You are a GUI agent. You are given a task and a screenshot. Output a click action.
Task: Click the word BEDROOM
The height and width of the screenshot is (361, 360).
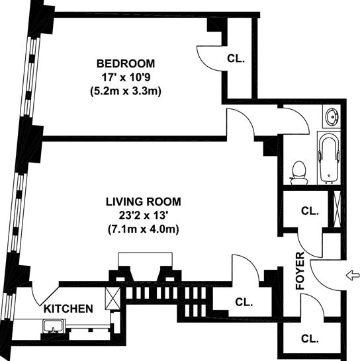(x=126, y=63)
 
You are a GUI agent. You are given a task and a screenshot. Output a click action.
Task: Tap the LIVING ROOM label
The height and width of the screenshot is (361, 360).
(x=144, y=202)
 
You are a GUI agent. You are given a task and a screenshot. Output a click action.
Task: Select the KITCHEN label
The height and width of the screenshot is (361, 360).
(x=68, y=309)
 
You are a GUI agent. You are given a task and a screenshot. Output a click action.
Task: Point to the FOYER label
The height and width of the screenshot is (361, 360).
(x=300, y=271)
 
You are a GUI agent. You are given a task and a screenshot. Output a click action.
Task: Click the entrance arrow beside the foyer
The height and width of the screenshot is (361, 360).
(x=353, y=276)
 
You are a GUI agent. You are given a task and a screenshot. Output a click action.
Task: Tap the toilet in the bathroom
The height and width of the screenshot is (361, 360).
(x=299, y=173)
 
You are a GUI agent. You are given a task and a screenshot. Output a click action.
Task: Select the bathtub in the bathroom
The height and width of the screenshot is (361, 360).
(x=329, y=158)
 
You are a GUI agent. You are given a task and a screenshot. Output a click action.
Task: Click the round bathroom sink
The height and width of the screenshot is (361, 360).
(x=332, y=117)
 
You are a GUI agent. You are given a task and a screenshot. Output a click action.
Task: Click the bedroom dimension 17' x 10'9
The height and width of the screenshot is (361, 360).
(x=126, y=77)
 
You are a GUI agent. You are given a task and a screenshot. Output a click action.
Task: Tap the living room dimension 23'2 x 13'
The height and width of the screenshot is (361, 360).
(x=143, y=216)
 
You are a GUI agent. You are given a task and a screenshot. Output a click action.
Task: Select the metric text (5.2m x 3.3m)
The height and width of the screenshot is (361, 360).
(x=126, y=91)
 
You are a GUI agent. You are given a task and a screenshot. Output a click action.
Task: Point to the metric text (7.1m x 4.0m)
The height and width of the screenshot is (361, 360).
(x=144, y=229)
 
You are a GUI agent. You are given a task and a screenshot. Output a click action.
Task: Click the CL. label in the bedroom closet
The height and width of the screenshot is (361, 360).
(x=236, y=59)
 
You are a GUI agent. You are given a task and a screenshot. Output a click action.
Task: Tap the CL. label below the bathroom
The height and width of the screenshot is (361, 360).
(x=310, y=211)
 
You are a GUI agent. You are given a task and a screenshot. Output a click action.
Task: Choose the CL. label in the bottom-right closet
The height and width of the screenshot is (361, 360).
(x=310, y=339)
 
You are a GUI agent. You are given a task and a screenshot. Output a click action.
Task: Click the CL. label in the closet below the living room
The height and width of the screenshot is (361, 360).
(x=244, y=302)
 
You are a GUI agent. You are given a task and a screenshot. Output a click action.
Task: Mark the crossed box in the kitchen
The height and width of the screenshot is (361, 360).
(x=112, y=298)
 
